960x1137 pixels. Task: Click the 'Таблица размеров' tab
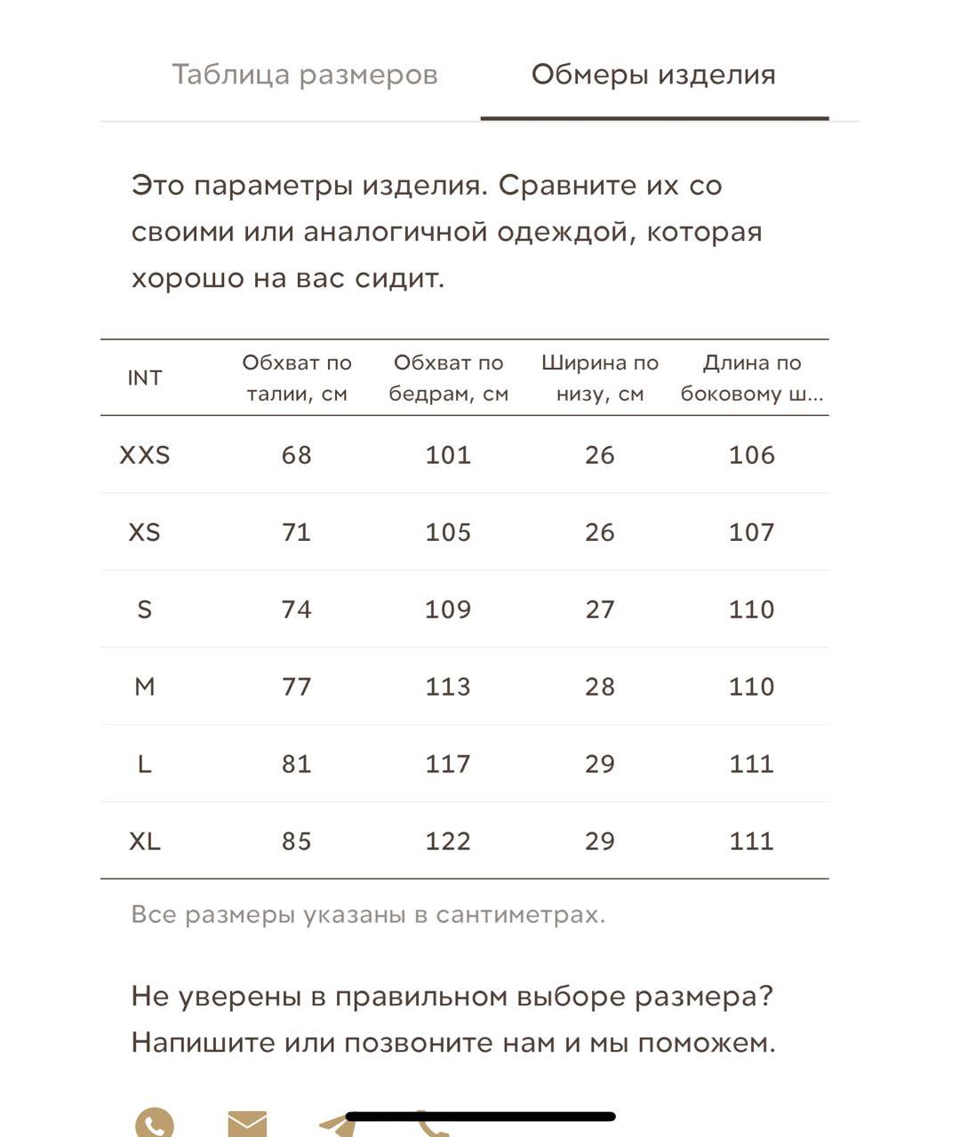[304, 75]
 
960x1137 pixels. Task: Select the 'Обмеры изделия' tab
[653, 75]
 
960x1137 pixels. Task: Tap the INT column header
[145, 378]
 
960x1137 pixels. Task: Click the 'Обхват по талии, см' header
[297, 378]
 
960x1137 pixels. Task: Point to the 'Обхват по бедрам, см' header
[448, 378]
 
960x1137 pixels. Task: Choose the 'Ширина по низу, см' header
[600, 378]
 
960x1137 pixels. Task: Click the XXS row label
[145, 455]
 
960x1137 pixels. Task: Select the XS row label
[145, 532]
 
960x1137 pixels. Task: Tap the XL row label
[145, 841]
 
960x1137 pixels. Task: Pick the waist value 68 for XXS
[297, 455]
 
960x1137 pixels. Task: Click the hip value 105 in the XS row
[448, 532]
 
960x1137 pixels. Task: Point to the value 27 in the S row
[600, 609]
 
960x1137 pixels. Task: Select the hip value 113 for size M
[448, 687]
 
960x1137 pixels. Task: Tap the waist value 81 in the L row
[297, 764]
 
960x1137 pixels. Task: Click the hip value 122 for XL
[448, 841]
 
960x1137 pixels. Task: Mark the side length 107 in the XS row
[752, 532]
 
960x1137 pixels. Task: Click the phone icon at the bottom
[155, 1123]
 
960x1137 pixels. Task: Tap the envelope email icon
[247, 1125]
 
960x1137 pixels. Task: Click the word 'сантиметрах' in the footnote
[520, 914]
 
